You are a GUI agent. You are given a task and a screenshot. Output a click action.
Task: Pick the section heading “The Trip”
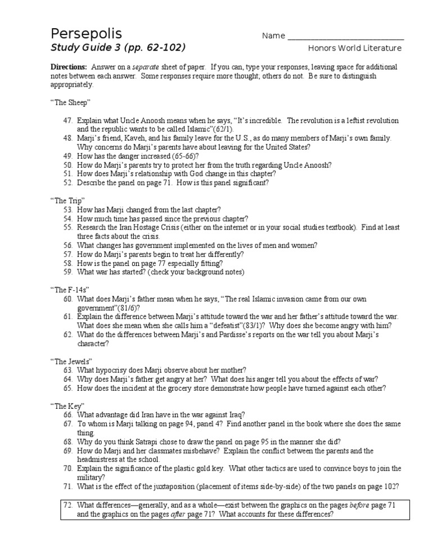click(67, 200)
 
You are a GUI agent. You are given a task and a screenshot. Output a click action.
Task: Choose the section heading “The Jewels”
click(71, 361)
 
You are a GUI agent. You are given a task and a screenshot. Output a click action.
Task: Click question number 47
click(68, 121)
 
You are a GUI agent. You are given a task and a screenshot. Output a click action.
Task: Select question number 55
click(68, 227)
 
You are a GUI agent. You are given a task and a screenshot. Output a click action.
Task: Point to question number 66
click(68, 414)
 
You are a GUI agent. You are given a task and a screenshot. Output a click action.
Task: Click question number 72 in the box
click(68, 505)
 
